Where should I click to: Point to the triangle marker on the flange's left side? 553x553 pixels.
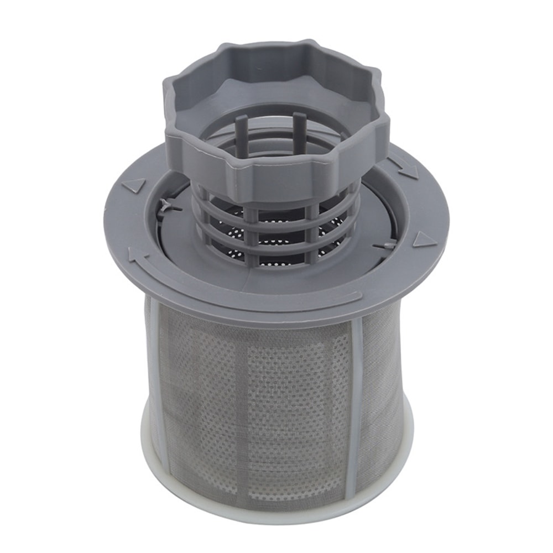pos(133,185)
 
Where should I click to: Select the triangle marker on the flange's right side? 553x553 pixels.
pos(424,239)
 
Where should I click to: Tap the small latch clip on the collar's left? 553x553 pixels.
pos(165,207)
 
